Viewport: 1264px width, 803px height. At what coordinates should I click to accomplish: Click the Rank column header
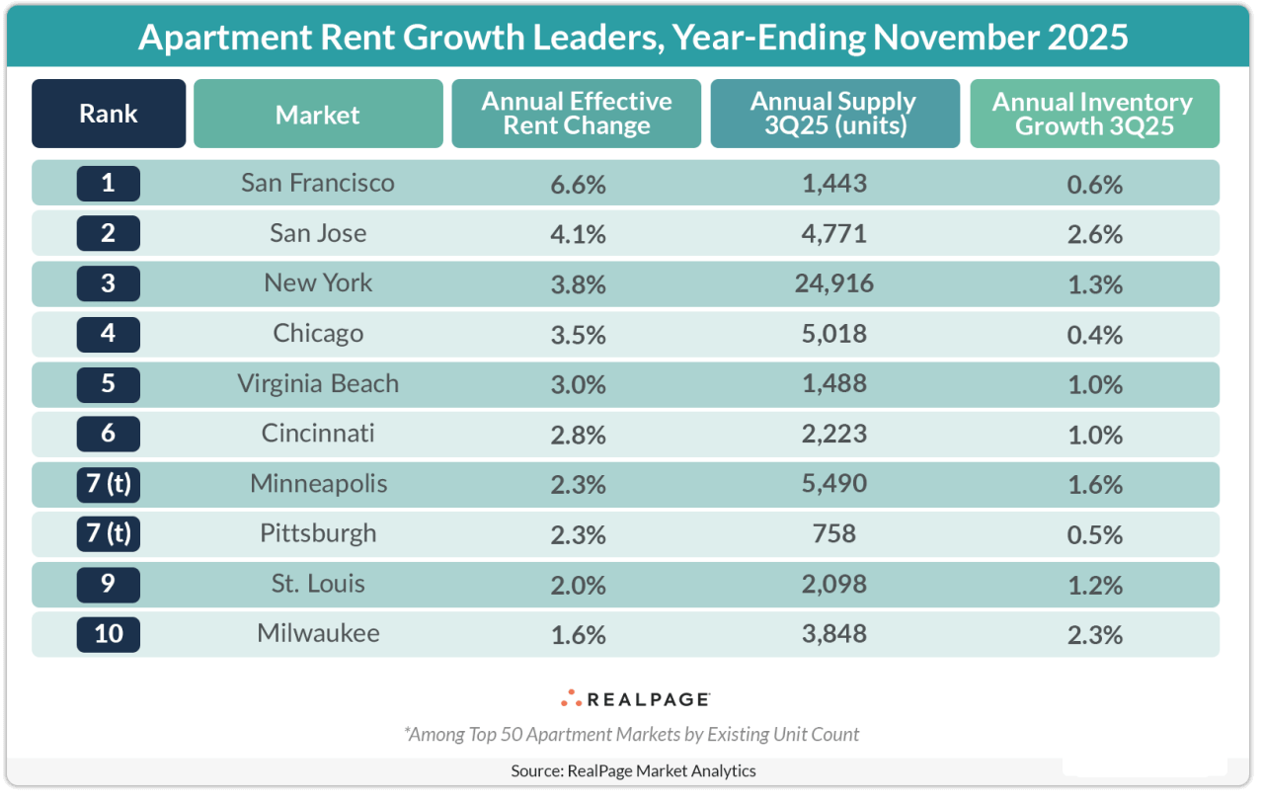tap(109, 114)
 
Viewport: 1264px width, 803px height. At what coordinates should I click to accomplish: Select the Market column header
tap(318, 115)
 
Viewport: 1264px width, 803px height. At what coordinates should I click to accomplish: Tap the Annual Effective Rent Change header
tap(577, 114)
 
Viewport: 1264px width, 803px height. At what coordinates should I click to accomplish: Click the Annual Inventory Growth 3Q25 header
tap(1093, 114)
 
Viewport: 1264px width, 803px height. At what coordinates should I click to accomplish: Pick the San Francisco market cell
tap(318, 183)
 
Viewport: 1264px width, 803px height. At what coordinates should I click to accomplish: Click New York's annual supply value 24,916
tap(834, 283)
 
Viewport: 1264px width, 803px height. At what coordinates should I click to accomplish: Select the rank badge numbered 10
tap(109, 633)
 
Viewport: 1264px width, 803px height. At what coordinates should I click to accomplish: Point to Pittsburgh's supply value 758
tap(834, 533)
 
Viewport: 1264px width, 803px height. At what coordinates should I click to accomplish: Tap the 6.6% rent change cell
tap(577, 184)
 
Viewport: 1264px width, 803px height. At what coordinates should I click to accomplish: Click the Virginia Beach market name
tap(318, 383)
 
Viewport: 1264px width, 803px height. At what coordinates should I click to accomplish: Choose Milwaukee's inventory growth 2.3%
tap(1094, 634)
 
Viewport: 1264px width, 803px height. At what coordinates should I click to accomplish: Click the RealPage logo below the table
tap(635, 699)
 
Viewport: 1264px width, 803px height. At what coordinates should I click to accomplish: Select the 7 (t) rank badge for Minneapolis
tap(109, 484)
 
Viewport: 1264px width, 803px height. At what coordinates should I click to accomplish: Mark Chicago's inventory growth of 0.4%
tap(1094, 334)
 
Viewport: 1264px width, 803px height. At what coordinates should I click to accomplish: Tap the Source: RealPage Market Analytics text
tap(633, 770)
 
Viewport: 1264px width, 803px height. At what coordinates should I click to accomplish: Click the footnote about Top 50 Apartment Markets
tap(632, 734)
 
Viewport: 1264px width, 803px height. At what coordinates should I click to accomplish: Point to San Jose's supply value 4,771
tap(834, 233)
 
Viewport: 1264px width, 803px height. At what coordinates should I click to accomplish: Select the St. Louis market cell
tap(318, 583)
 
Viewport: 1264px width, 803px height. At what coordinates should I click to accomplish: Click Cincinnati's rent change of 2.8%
tap(577, 434)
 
